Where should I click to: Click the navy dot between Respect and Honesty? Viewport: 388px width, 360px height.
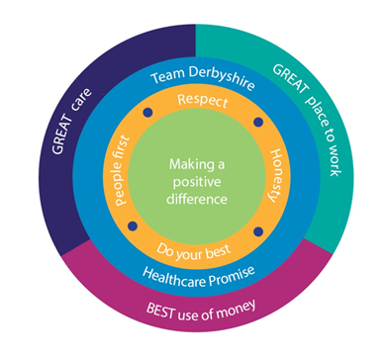point(258,122)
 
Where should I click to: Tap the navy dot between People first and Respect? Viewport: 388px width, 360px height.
point(147,113)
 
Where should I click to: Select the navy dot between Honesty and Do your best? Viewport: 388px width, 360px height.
point(258,231)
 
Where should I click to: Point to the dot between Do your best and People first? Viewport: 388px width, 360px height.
point(133,225)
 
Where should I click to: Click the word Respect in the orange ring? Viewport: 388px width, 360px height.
point(203,101)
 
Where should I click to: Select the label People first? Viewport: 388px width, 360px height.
point(121,171)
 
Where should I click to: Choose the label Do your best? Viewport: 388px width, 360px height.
point(193,252)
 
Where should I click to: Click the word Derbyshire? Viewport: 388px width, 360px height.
point(222,77)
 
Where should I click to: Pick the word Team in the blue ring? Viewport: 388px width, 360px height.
point(167,75)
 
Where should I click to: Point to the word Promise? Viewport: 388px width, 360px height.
point(233,277)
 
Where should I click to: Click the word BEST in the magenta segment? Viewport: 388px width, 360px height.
point(160,311)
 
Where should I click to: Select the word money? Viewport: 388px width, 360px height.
point(236,310)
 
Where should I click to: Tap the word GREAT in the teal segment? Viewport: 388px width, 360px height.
point(291,78)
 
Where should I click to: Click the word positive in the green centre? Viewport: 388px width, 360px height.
point(197,182)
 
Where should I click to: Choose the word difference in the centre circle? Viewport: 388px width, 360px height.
point(197,199)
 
